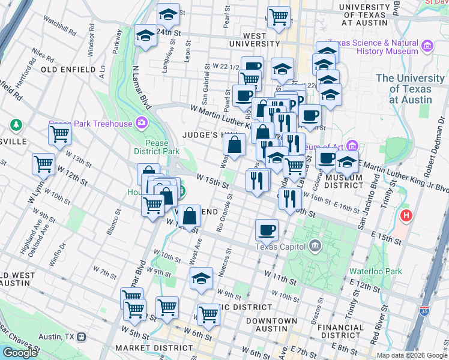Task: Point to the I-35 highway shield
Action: pos(425,313)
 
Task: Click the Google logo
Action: pos(20,353)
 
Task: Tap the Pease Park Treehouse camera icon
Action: pos(142,123)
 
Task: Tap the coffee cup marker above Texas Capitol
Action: pos(267,229)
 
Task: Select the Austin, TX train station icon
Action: pos(80,337)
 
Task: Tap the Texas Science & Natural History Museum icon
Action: pos(427,46)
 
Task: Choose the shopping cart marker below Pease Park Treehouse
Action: pos(59,135)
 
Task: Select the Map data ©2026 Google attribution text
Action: pos(411,355)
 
